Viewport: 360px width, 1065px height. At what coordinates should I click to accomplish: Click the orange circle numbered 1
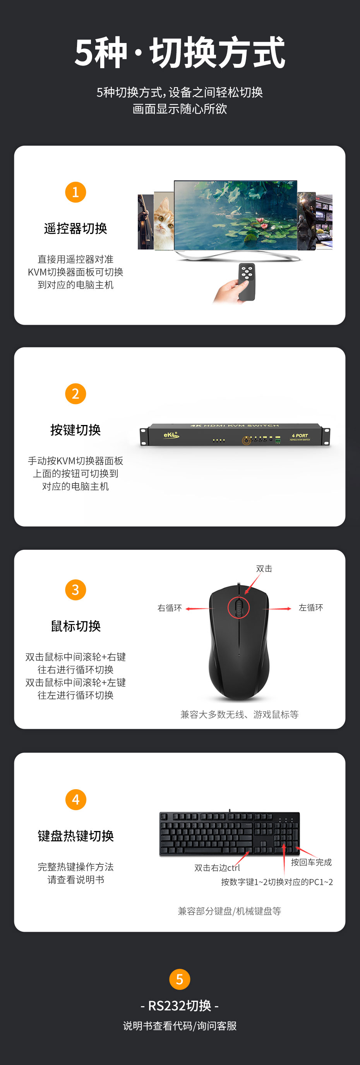(x=75, y=192)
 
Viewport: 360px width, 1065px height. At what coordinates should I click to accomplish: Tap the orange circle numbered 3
(x=75, y=590)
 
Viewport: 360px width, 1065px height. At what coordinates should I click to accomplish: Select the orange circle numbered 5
(x=179, y=979)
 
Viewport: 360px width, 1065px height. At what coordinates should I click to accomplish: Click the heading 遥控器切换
(x=75, y=228)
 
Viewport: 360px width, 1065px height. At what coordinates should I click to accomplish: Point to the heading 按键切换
(x=75, y=430)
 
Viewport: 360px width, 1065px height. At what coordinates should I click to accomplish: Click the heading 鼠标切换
(x=75, y=626)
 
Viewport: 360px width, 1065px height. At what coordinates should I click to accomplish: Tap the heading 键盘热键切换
(x=75, y=836)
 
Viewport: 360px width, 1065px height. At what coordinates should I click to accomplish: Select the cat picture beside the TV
(x=164, y=221)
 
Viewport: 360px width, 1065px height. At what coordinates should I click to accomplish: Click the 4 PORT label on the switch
(x=300, y=436)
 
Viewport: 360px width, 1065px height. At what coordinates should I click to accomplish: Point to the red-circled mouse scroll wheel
(x=238, y=607)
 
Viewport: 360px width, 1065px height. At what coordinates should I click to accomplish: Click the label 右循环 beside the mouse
(x=170, y=608)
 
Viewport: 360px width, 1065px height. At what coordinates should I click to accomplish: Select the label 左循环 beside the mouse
(x=311, y=607)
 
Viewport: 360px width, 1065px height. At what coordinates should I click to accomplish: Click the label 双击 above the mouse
(x=264, y=568)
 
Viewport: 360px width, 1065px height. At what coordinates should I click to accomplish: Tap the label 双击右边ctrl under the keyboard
(x=217, y=868)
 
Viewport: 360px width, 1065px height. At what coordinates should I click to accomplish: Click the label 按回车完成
(x=311, y=862)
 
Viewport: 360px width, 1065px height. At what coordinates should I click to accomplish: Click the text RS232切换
(x=179, y=1005)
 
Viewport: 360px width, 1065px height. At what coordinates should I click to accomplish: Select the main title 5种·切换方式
(x=179, y=53)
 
